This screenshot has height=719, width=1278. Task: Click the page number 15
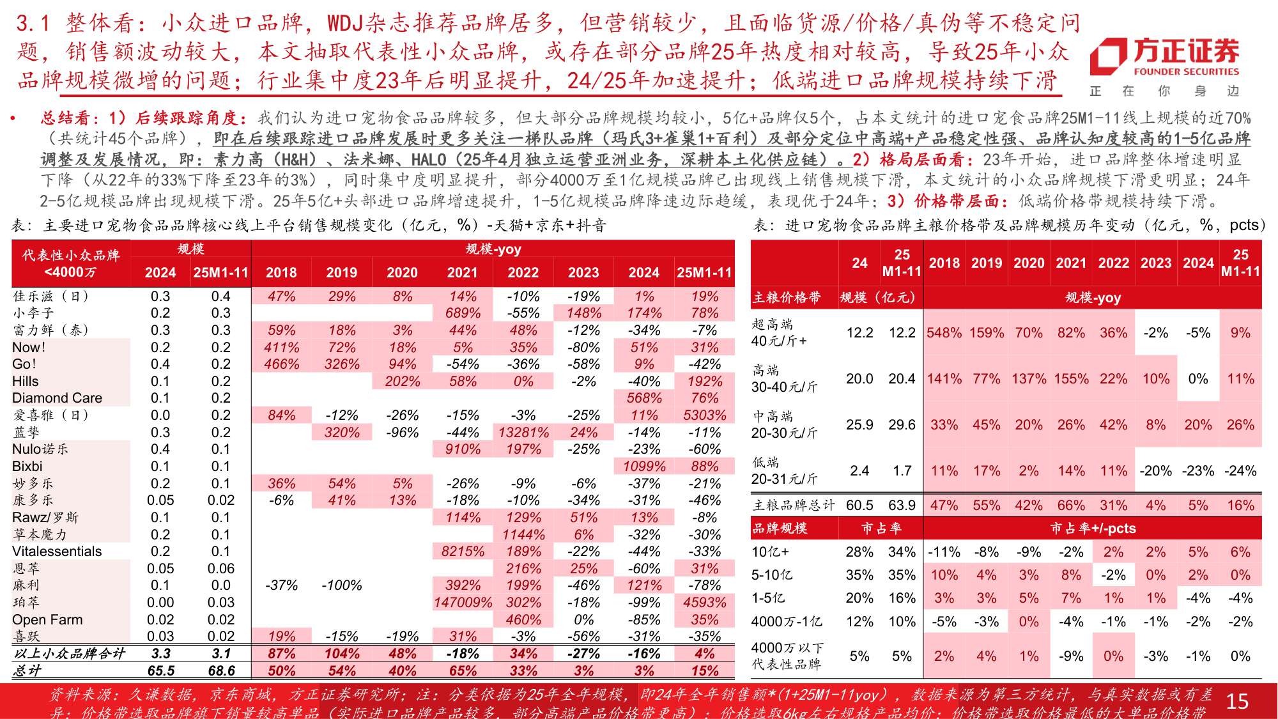coord(1237,701)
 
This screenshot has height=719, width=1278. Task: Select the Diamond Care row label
coord(57,398)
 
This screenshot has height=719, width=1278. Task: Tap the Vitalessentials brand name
coord(57,551)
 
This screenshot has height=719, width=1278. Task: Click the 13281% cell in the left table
coord(523,432)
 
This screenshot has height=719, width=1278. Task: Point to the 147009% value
coord(463,602)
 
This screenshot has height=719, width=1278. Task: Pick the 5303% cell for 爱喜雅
coord(704,415)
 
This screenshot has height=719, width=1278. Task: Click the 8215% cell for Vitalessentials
coord(463,551)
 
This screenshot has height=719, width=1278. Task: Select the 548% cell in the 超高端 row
coord(944,332)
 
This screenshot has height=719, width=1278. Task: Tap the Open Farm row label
coord(47,619)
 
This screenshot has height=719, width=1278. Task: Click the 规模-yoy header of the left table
coord(493,249)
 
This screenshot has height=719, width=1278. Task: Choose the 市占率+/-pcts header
coord(1093,528)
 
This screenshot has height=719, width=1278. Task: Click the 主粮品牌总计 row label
coord(794,505)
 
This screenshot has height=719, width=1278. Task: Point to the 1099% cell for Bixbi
coord(644,466)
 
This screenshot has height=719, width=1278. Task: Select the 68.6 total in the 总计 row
coord(221,670)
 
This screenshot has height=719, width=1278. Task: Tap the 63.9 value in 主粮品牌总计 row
coord(902,505)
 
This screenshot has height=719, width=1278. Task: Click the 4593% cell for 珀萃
coord(704,602)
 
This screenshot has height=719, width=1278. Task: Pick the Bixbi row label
coord(27,466)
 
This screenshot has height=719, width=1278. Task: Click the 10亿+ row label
coord(771,552)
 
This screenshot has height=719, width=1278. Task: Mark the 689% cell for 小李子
coord(463,313)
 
